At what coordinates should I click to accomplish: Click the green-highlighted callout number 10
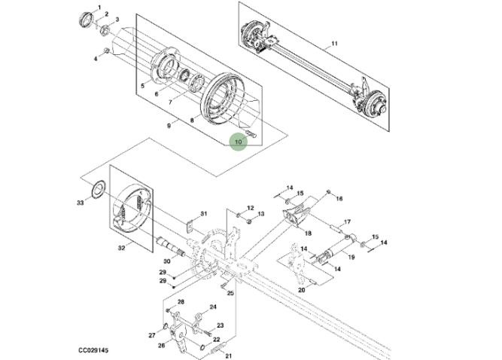click(239, 140)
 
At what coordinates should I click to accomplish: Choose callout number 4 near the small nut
click(96, 57)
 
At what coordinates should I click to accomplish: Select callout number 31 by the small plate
click(202, 214)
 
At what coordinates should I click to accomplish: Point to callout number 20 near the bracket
click(301, 290)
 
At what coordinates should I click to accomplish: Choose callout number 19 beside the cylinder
click(351, 258)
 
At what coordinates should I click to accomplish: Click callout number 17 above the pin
click(347, 222)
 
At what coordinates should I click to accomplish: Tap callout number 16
click(339, 199)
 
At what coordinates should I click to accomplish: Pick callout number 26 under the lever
click(160, 346)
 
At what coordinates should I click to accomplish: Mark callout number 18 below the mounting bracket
click(308, 233)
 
